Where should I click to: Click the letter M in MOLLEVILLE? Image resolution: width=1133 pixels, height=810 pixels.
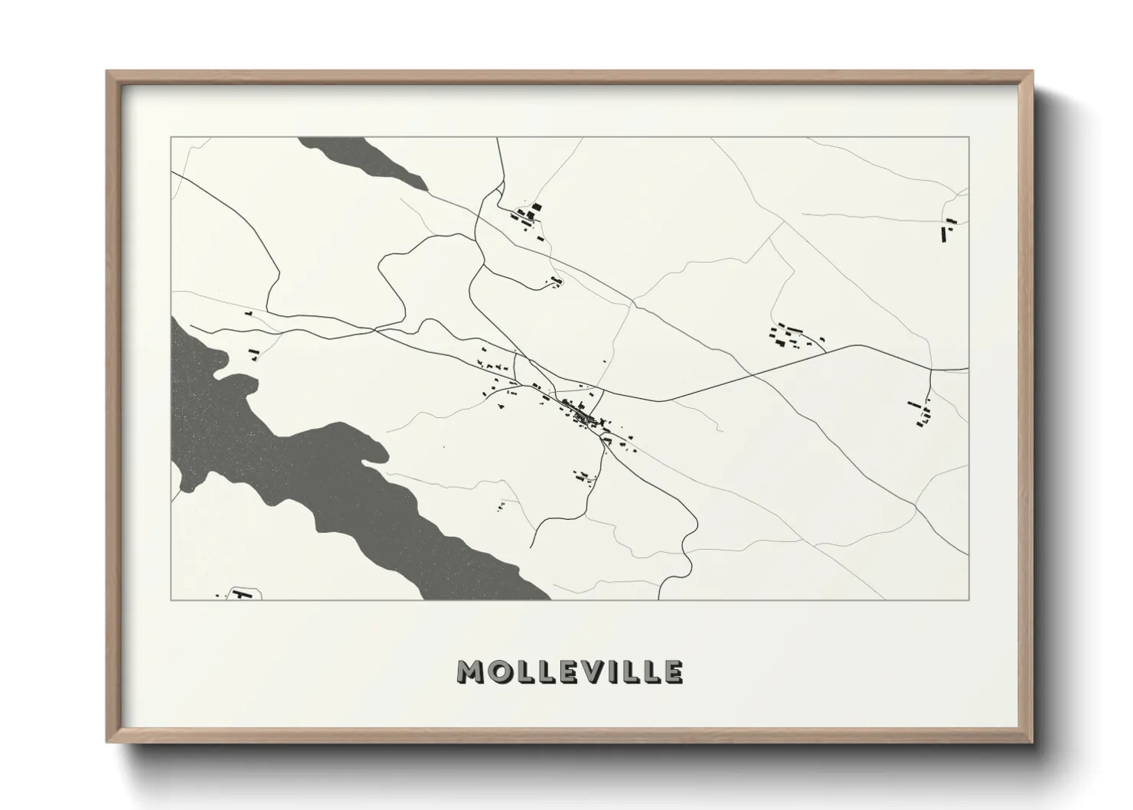469,671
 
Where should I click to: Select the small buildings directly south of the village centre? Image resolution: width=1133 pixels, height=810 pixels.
583,477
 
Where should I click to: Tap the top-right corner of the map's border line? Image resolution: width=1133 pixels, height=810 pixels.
968,137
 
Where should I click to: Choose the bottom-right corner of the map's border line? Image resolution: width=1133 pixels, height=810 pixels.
968,599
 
